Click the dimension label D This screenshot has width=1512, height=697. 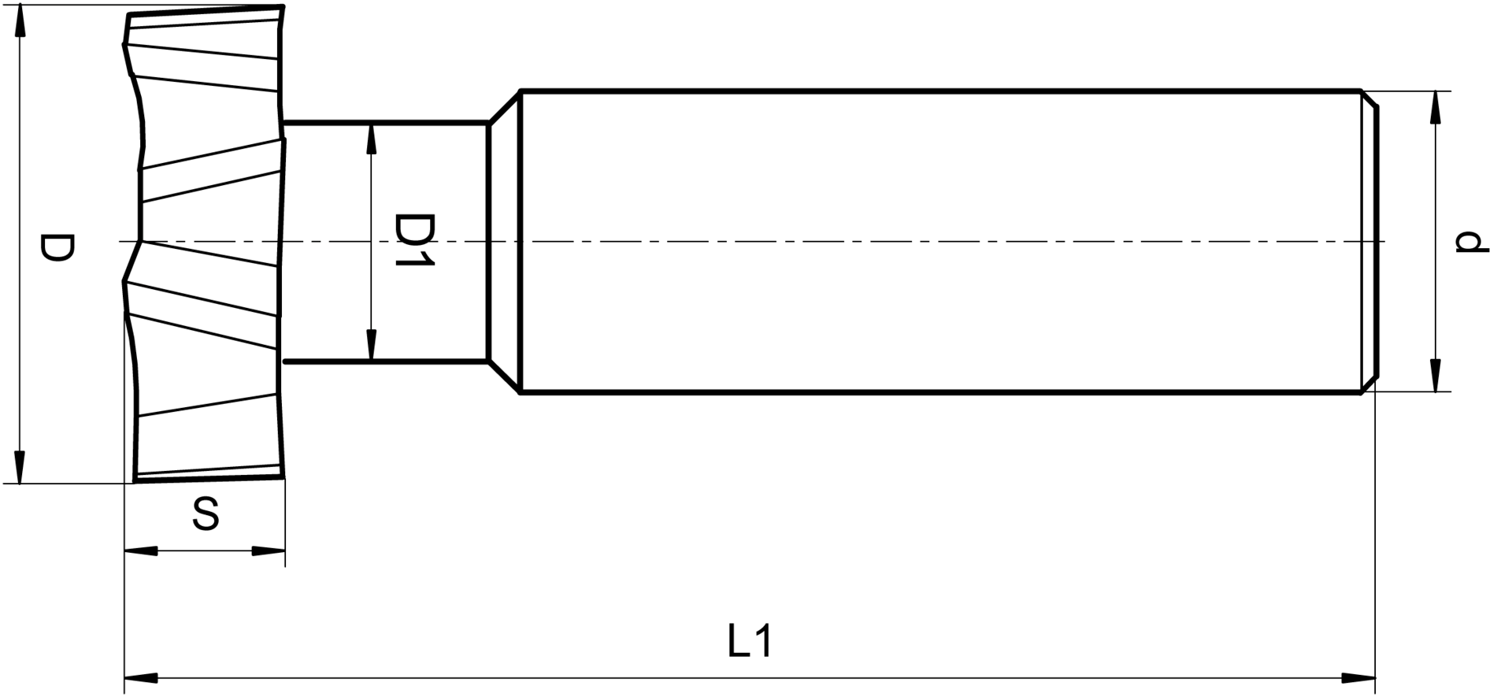coord(57,247)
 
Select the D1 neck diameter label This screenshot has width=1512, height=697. coord(413,239)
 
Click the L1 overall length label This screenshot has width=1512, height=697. coord(750,641)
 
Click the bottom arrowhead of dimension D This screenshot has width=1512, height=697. coord(20,467)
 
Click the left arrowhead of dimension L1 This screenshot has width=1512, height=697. coord(141,677)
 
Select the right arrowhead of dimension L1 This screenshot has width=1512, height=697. coord(1359,677)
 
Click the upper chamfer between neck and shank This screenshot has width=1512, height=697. coord(504,107)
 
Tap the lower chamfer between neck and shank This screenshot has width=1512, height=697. coord(504,377)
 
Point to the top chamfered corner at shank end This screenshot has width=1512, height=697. coord(1370,101)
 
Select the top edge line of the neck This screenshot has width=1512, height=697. coord(386,123)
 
